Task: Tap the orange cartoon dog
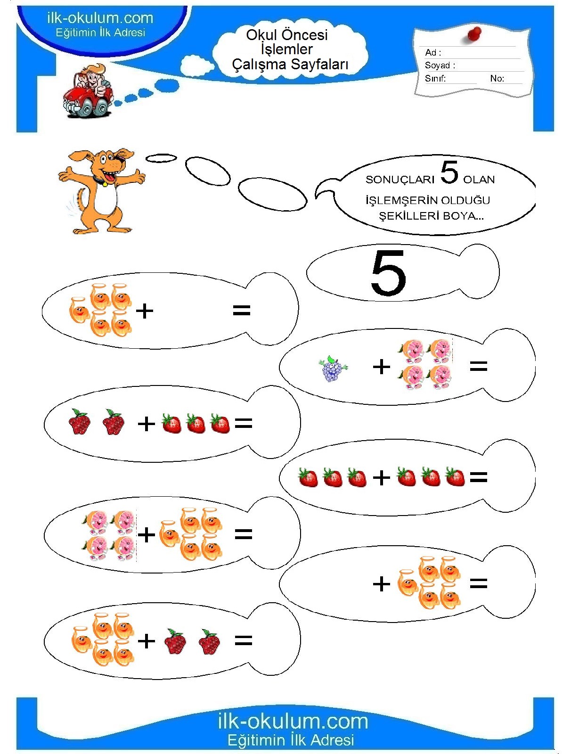click(102, 191)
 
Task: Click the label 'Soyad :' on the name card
click(440, 65)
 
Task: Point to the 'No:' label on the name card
click(497, 78)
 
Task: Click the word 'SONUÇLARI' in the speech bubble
click(400, 180)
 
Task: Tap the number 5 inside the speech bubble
click(449, 172)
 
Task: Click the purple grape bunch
click(332, 368)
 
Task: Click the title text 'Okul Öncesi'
click(287, 35)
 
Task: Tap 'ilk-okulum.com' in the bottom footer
click(293, 721)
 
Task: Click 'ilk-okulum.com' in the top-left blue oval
click(100, 18)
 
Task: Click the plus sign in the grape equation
click(381, 367)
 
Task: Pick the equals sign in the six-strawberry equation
click(478, 477)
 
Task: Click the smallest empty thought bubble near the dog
click(161, 158)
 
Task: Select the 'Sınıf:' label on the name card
click(435, 78)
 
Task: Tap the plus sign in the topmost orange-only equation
click(145, 311)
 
